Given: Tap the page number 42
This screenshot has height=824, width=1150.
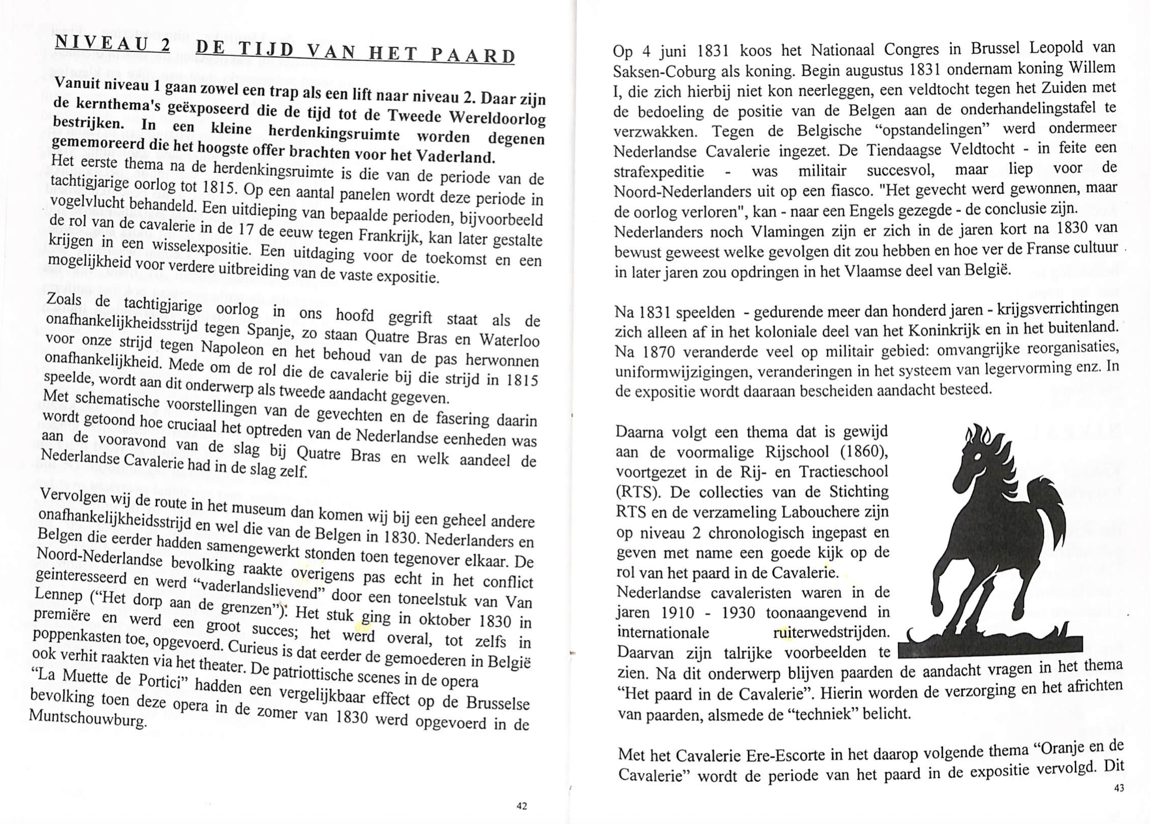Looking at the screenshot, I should point(522,806).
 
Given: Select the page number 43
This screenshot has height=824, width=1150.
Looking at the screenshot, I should point(1119,788).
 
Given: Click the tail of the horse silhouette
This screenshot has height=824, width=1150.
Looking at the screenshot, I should point(1049,510).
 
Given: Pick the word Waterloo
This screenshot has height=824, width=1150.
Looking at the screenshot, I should point(509,341).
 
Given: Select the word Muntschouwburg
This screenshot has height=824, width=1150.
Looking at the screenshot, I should point(87,717).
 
